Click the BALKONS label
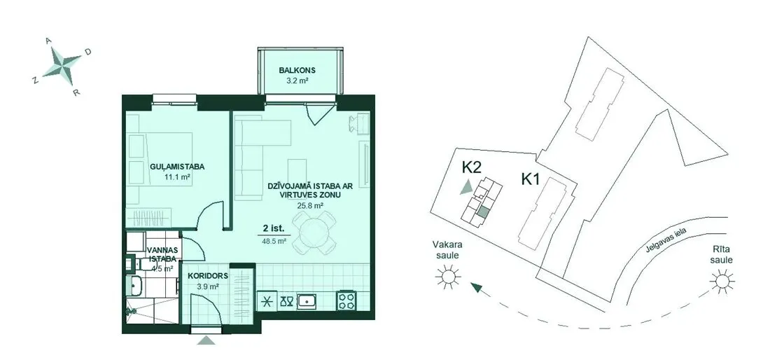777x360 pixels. pos(297,70)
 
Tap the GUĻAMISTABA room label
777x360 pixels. pos(177,167)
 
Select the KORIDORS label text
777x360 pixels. pos(208,276)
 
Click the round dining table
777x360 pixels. pos(314,233)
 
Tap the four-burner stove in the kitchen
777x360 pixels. pos(346,300)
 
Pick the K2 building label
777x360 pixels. pos(472,167)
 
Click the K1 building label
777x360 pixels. pos(530,179)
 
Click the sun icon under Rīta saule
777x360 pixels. pos(722,281)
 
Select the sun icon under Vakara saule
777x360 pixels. pos(448,276)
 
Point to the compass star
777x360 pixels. pos(62,64)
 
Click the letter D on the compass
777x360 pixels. pos(87,51)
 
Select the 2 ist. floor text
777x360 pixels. pos(274,229)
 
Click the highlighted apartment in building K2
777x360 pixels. pos(483,213)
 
